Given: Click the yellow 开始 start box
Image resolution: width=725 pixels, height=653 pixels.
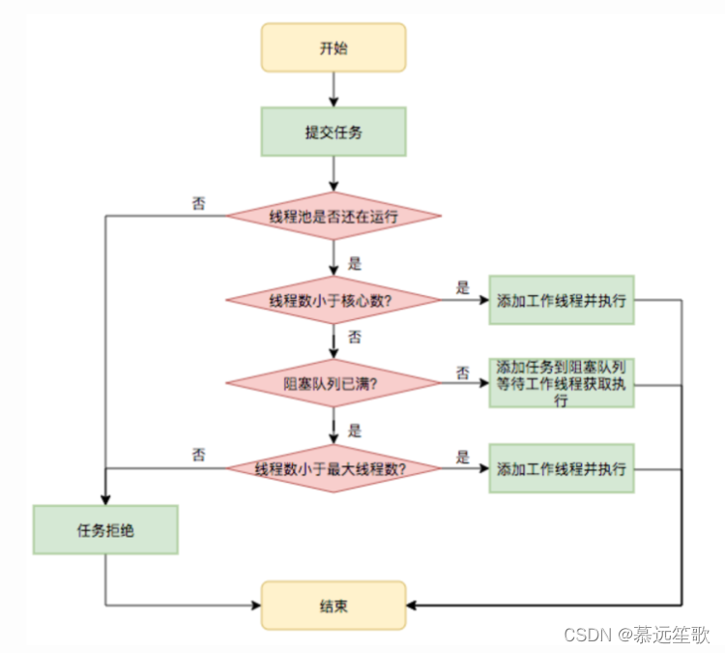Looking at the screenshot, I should [x=333, y=47].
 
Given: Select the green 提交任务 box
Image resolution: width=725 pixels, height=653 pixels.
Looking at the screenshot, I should [x=333, y=132].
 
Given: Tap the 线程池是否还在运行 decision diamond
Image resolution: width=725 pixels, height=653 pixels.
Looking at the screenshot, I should [x=333, y=216].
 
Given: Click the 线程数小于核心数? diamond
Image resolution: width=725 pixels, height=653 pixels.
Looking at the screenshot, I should [x=333, y=300].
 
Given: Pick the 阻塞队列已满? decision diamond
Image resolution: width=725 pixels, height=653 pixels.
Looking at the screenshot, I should [x=333, y=383].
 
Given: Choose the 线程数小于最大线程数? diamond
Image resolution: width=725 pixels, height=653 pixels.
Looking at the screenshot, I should [x=333, y=468].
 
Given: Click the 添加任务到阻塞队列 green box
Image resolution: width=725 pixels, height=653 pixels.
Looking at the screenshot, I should [x=562, y=383].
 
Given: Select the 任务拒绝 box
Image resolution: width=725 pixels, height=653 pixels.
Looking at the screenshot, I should [x=105, y=530].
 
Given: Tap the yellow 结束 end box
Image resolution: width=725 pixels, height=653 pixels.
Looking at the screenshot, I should [x=333, y=606].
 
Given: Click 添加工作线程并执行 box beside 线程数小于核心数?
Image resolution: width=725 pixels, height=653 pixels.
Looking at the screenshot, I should [x=562, y=300].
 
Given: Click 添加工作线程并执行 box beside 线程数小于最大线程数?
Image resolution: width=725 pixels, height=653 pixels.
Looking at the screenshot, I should [x=562, y=468].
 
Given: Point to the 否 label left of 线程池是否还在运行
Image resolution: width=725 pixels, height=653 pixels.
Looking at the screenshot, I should [x=198, y=203].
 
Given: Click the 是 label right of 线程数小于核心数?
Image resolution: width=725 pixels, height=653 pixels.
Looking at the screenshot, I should [x=462, y=287].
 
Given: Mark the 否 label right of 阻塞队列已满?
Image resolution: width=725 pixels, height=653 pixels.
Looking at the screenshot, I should [x=462, y=371].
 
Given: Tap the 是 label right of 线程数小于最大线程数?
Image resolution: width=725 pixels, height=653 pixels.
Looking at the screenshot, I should [x=462, y=457].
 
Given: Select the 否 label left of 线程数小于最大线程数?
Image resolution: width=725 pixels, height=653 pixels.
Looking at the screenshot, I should [x=198, y=455].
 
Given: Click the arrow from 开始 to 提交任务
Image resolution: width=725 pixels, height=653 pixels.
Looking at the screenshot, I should [x=333, y=89].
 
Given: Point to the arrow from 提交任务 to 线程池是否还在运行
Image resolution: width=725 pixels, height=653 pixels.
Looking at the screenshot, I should [x=333, y=173].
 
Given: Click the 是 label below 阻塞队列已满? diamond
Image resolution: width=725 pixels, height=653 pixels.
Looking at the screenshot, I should [x=354, y=430].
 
